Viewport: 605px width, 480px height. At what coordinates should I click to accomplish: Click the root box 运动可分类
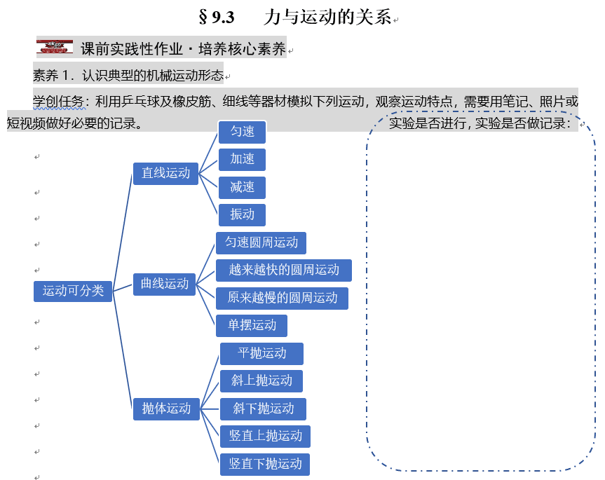tap(73, 291)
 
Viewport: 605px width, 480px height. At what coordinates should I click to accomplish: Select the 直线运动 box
tap(165, 174)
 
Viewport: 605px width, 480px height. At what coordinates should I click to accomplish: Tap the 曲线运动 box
tap(164, 284)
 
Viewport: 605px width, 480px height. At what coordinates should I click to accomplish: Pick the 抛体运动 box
tap(166, 409)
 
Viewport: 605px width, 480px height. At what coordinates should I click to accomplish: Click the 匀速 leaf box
tap(242, 132)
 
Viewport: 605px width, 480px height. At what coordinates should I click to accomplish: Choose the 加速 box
tap(242, 159)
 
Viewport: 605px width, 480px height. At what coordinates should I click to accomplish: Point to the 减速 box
tap(242, 187)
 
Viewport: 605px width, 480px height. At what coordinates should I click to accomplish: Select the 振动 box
tap(242, 214)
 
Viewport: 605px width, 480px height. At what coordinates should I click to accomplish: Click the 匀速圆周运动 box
tap(261, 243)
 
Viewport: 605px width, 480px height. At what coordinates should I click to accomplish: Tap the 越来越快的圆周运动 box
tap(284, 270)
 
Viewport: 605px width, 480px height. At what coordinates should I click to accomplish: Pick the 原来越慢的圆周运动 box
tap(282, 298)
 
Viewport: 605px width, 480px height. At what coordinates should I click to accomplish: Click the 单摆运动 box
tap(252, 325)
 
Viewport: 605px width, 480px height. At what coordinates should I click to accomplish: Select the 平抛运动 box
tap(261, 354)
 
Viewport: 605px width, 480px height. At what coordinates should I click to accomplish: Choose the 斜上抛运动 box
tap(261, 381)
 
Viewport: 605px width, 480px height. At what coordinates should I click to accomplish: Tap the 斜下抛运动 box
tap(263, 409)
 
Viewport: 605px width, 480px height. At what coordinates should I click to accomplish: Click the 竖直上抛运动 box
tap(265, 436)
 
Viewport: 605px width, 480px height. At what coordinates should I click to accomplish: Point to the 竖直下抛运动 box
tap(265, 464)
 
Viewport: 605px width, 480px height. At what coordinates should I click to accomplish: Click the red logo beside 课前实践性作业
tap(55, 46)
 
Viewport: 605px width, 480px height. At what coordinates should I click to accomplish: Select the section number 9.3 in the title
tap(223, 18)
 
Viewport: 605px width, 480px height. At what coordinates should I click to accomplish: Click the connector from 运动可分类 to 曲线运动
tap(123, 288)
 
